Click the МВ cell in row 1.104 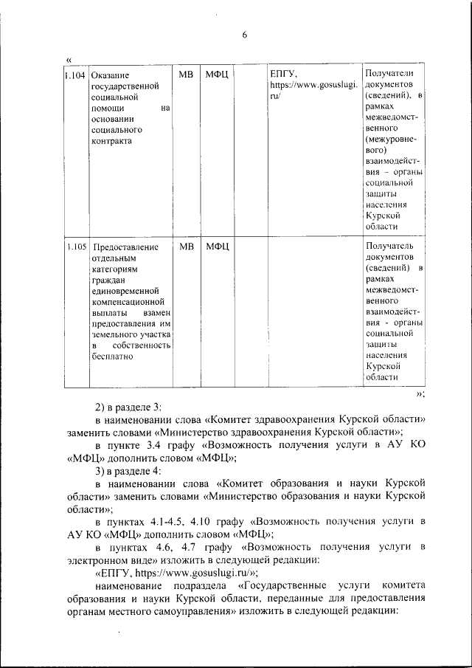click(x=186, y=75)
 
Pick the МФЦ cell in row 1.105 click(x=218, y=246)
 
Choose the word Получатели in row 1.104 click(x=389, y=74)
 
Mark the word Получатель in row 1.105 click(x=389, y=245)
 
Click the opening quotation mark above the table click(x=69, y=58)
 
